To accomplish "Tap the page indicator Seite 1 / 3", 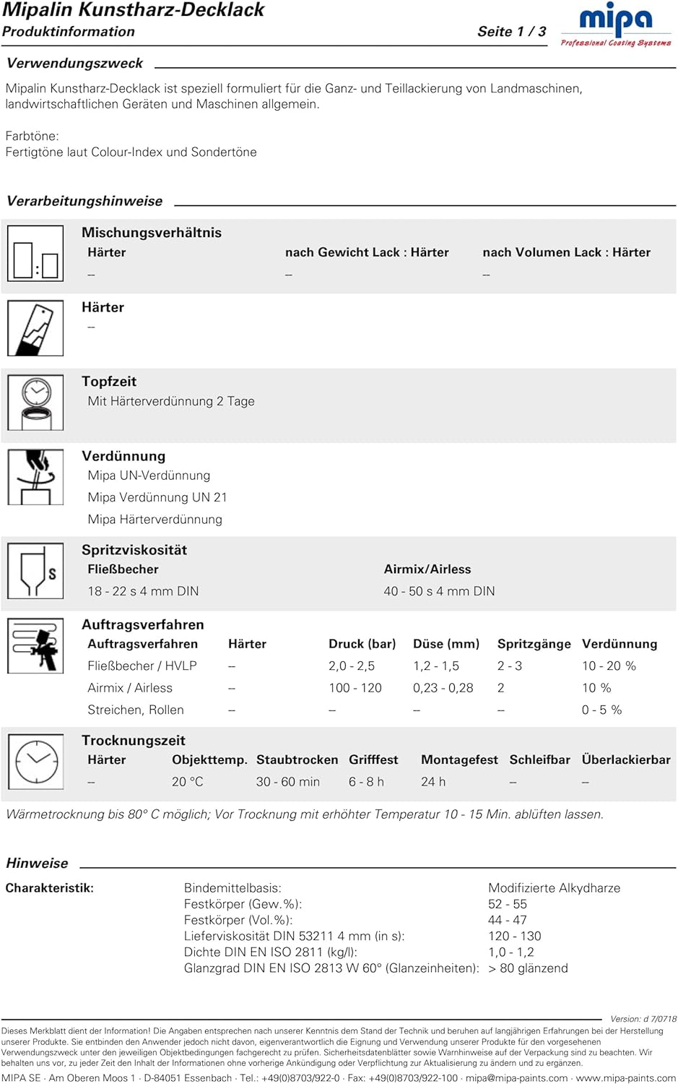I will click(x=511, y=31).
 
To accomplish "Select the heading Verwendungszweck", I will click(x=74, y=63).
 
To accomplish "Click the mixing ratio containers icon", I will click(x=35, y=254).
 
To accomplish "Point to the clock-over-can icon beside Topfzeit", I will click(x=35, y=403).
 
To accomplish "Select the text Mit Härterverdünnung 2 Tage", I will click(x=171, y=401).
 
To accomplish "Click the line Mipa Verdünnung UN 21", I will click(x=157, y=497).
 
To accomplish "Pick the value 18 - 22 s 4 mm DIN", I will click(x=143, y=591).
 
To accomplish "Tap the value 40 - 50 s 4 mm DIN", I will click(x=439, y=591).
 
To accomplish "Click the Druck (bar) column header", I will click(x=362, y=644).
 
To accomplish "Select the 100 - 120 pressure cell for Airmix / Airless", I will click(x=355, y=688).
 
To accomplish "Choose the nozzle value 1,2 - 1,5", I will click(x=436, y=666).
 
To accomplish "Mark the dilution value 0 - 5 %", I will click(x=601, y=710).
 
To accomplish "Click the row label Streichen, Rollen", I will click(x=136, y=710).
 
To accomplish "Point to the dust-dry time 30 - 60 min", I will click(x=287, y=782).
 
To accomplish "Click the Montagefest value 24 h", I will click(x=433, y=782).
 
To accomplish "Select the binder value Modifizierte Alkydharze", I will click(x=554, y=887).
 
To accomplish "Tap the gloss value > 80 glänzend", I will click(x=528, y=968).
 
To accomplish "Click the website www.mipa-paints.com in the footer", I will click(x=625, y=1077).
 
